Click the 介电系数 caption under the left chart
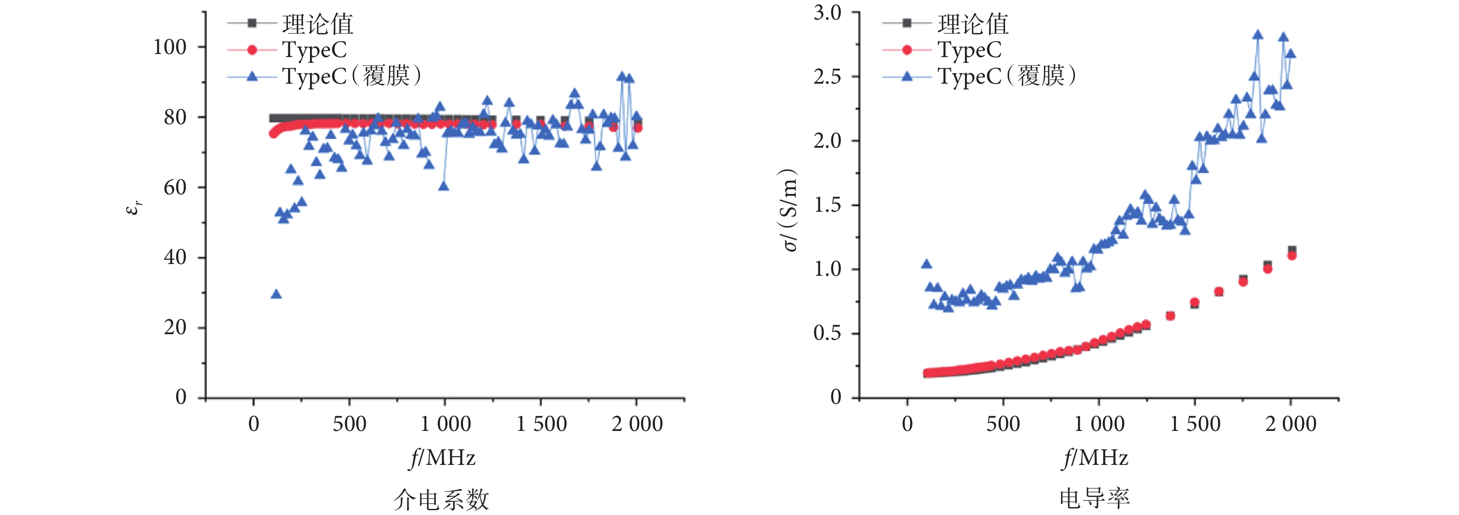tap(441, 499)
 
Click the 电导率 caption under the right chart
tap(1095, 498)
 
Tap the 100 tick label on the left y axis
tap(170, 47)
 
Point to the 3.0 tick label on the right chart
tap(828, 13)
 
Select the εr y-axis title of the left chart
tap(134, 208)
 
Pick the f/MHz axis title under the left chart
tap(442, 458)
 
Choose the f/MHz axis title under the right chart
tap(1095, 458)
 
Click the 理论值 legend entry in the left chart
tap(290, 24)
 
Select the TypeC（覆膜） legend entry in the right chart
tap(979, 76)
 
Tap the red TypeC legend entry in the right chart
tap(942, 50)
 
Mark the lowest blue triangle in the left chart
tap(276, 294)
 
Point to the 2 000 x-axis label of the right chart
tap(1291, 424)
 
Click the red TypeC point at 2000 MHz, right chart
tap(1292, 255)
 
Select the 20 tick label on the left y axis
tap(175, 327)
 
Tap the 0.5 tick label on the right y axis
tap(828, 333)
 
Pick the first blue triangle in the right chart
tap(927, 264)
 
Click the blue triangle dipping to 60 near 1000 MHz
tap(443, 186)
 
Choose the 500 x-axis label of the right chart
tap(1003, 424)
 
